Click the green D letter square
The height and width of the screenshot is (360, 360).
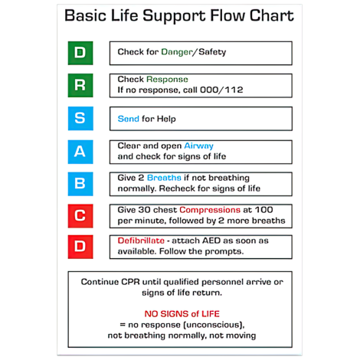click(80, 53)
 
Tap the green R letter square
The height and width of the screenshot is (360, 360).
click(80, 85)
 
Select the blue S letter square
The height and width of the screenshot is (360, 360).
click(80, 119)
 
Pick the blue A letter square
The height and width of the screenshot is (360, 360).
click(80, 151)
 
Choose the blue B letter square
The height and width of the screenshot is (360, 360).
click(80, 183)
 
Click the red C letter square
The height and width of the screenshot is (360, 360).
click(80, 215)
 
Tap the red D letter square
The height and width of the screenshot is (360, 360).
click(80, 247)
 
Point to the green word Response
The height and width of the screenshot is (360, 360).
click(167, 79)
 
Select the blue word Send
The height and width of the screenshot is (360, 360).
click(128, 119)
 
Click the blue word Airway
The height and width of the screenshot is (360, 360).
click(198, 145)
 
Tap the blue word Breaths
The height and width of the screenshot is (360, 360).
click(164, 177)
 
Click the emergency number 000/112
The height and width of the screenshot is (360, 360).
click(221, 90)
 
